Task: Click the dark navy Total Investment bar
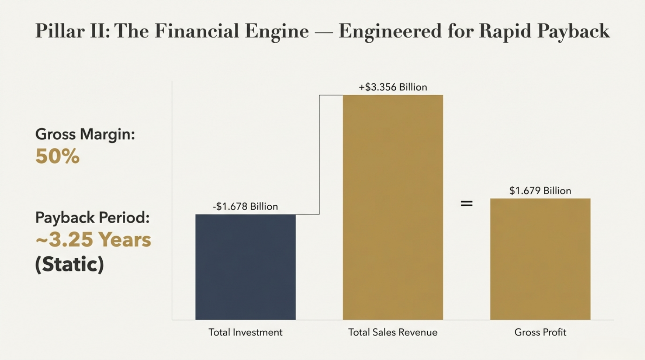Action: (245, 267)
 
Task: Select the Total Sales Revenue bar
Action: (393, 207)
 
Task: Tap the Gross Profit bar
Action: (540, 259)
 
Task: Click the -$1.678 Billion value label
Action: (245, 206)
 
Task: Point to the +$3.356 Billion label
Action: (393, 87)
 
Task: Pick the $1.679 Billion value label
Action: (540, 191)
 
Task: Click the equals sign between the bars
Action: (467, 203)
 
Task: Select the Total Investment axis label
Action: (245, 332)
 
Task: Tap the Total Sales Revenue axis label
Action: (393, 332)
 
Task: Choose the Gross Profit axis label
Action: (540, 332)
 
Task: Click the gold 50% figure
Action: (57, 156)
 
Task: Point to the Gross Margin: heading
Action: (85, 134)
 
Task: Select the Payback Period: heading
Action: (92, 218)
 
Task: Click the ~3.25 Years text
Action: (93, 240)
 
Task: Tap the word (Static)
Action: (70, 264)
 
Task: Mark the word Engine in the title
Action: (277, 32)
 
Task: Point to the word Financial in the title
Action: (197, 31)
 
